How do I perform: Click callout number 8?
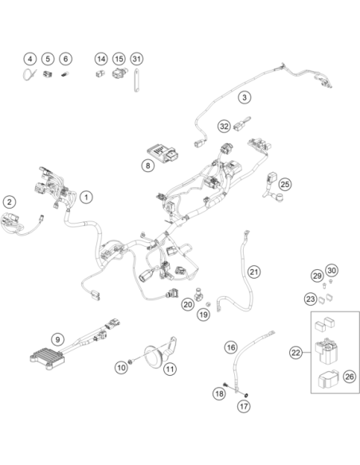coord(148,165)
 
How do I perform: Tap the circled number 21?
coord(254,272)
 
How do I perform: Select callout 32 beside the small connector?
coord(224,127)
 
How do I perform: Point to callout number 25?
coord(285,184)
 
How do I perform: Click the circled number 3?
coord(245,97)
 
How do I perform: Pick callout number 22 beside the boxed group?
coord(296,353)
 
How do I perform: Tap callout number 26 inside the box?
coord(350,377)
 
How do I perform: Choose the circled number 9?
coord(57,339)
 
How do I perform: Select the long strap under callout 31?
coord(136,80)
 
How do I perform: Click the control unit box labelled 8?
coord(163,153)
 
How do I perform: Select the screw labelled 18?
coord(227,385)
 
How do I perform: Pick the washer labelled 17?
coord(246,395)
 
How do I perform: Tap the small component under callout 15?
coord(119,72)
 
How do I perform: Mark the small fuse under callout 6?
coord(65,75)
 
